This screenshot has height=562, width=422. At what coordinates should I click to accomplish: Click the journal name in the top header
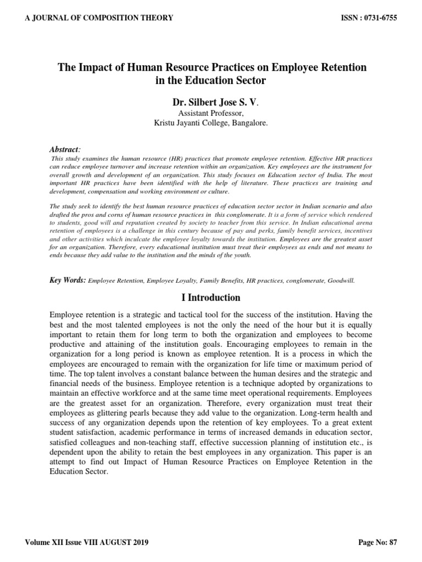pyautogui.click(x=99, y=18)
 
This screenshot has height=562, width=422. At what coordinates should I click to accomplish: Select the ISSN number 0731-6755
pyautogui.click(x=378, y=18)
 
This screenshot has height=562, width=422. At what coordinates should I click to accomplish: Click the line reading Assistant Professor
pyautogui.click(x=210, y=114)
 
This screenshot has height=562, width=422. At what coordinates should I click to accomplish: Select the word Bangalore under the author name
pyautogui.click(x=248, y=123)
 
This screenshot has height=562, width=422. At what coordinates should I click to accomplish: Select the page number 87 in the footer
pyautogui.click(x=392, y=543)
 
